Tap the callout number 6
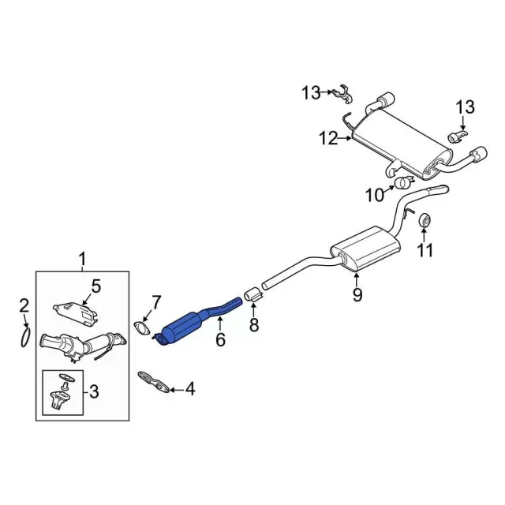click(220, 339)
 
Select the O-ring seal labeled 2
click(25, 338)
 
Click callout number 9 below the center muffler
click(357, 294)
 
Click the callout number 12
click(328, 138)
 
